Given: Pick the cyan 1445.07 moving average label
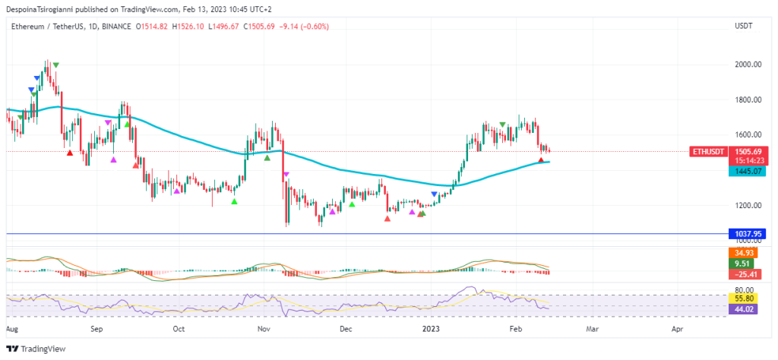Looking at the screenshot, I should [x=745, y=172].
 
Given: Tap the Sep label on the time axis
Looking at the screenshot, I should [x=96, y=330].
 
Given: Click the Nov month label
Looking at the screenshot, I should [x=264, y=330].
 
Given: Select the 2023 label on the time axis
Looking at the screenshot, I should [x=430, y=330].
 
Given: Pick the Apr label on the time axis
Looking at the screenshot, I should [x=677, y=330].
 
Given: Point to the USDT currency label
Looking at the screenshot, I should [x=744, y=26].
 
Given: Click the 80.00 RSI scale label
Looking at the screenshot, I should [x=745, y=289].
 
